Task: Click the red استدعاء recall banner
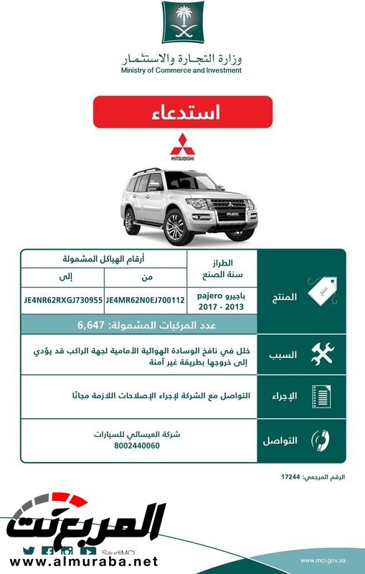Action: (x=182, y=112)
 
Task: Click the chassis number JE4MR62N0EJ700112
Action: (x=146, y=300)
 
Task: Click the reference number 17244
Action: (x=292, y=476)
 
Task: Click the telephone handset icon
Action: (x=320, y=440)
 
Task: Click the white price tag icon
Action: (x=320, y=291)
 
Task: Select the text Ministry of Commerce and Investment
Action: (x=182, y=70)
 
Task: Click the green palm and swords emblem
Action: (x=182, y=24)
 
